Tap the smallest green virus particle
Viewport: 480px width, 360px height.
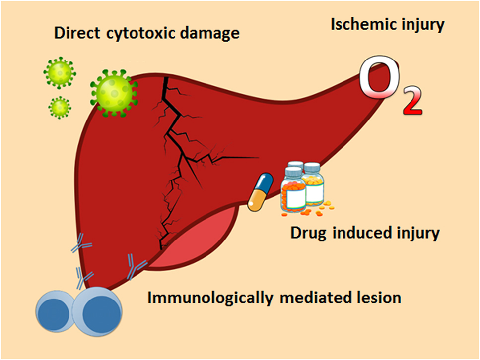[60, 106]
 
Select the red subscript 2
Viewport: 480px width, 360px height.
[410, 101]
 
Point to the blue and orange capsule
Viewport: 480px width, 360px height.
[260, 192]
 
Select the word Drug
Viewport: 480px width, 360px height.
[307, 232]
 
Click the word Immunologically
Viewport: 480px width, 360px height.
[207, 299]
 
